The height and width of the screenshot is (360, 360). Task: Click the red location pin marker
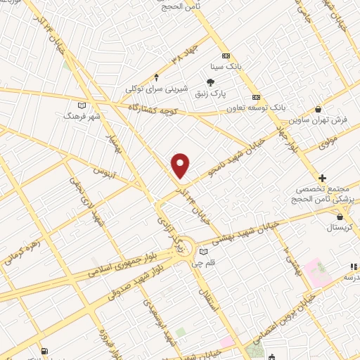coord(181,165)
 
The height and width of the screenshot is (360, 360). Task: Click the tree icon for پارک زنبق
coord(210,83)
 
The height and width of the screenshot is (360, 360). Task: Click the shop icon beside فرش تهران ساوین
coord(319,109)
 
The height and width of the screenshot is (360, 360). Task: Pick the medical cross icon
coord(322,179)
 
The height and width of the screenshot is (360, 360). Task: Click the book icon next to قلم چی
coord(204,252)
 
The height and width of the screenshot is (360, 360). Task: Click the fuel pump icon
coord(45,351)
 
